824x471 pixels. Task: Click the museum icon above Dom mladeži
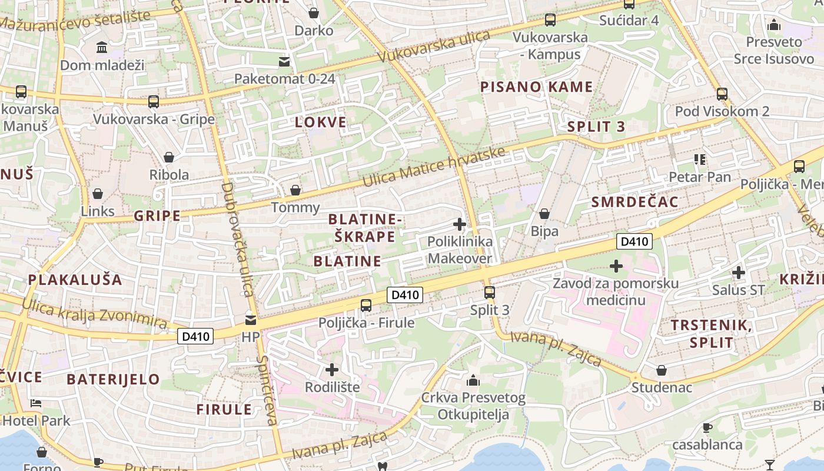pos(102,47)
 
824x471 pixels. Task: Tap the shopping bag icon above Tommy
pos(295,190)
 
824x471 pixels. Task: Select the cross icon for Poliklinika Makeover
pos(460,224)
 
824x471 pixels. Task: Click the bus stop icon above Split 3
pos(489,292)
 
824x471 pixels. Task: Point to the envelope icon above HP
pos(251,320)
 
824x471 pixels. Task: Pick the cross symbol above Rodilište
pos(332,370)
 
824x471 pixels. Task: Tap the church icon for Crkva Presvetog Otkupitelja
pos(473,380)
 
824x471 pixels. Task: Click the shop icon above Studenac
pos(662,370)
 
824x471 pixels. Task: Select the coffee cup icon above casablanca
pos(707,427)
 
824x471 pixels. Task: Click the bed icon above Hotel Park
pos(36,403)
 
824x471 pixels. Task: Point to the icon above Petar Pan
pos(700,159)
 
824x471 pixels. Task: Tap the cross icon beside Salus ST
pos(739,273)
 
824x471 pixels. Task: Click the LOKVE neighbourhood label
pos(321,122)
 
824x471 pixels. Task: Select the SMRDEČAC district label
pos(634,202)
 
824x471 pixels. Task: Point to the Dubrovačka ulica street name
pos(237,239)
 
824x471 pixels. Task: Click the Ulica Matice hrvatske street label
pos(434,167)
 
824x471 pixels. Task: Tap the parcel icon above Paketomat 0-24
pos(284,61)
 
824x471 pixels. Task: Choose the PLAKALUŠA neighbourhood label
pos(75,280)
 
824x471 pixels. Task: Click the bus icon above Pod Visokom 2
pos(722,94)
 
